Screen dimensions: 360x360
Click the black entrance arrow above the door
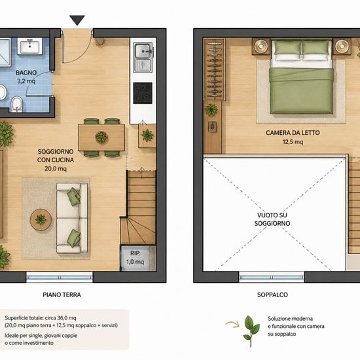click(x=77, y=20)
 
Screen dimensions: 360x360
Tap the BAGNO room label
click(x=26, y=73)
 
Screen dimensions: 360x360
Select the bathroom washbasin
click(x=30, y=46)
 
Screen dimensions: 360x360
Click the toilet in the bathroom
click(x=16, y=104)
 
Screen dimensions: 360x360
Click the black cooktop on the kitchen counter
click(x=143, y=93)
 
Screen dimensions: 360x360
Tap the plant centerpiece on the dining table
click(x=101, y=137)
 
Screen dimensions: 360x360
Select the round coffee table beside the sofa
click(x=41, y=219)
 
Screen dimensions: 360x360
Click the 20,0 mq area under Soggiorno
click(x=56, y=169)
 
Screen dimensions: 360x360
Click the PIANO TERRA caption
click(x=62, y=295)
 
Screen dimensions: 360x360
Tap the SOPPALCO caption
click(x=272, y=295)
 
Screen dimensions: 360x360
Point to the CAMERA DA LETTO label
click(x=293, y=133)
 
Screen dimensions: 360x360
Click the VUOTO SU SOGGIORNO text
click(x=272, y=219)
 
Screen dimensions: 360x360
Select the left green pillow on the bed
click(x=288, y=48)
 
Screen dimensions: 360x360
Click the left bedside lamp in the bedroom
click(x=261, y=46)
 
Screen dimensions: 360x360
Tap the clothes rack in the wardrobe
click(x=215, y=69)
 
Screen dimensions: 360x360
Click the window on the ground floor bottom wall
click(x=60, y=277)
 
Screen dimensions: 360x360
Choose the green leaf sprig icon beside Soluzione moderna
click(x=251, y=331)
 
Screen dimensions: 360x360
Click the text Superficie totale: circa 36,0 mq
click(x=40, y=318)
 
